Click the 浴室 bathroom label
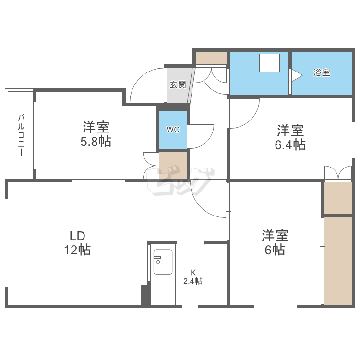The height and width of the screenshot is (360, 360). [x=322, y=73]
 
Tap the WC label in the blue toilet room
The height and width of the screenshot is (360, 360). [x=173, y=130]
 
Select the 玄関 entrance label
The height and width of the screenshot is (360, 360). [x=178, y=84]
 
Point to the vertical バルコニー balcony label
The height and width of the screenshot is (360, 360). [x=21, y=135]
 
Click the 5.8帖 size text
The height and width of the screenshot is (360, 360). [x=96, y=142]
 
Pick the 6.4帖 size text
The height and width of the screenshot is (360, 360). [x=290, y=145]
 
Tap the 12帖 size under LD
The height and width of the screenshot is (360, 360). [x=77, y=250]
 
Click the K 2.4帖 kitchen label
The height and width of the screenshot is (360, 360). [x=193, y=277]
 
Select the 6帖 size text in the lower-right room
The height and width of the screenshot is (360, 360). [x=275, y=250]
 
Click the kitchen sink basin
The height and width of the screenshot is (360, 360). [x=163, y=262]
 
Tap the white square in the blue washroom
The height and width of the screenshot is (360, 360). [x=270, y=63]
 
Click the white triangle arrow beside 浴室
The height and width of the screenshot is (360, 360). [x=297, y=75]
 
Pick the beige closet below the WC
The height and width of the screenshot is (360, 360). [x=173, y=166]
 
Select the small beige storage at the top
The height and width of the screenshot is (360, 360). [x=211, y=58]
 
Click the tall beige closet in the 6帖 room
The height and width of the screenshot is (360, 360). [x=338, y=261]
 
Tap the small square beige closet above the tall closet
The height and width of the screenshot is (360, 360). [x=338, y=198]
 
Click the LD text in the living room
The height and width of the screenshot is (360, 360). [x=77, y=236]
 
